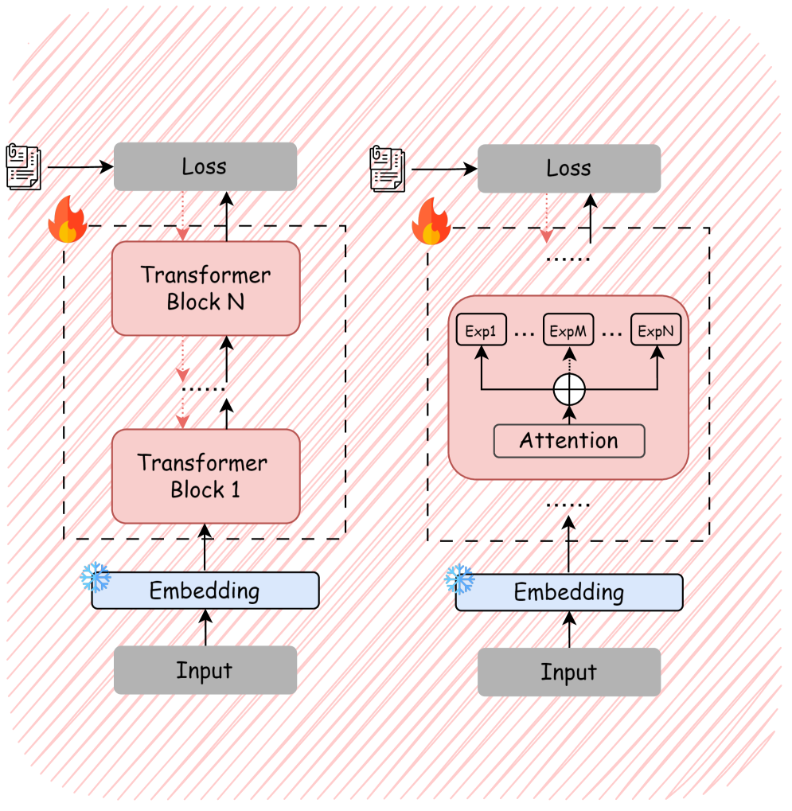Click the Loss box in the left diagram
pyautogui.click(x=205, y=166)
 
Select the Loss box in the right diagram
pyautogui.click(x=568, y=168)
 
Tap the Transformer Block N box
pyautogui.click(x=205, y=288)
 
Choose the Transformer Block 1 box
pyautogui.click(x=205, y=476)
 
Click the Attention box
pyautogui.click(x=568, y=441)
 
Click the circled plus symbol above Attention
pyautogui.click(x=569, y=389)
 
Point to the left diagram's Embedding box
pyautogui.click(x=205, y=591)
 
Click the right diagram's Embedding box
pyautogui.click(x=568, y=592)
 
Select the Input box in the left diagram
pyautogui.click(x=205, y=670)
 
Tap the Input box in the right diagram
pyautogui.click(x=568, y=673)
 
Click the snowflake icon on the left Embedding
pyautogui.click(x=95, y=577)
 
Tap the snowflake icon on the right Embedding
pyautogui.click(x=458, y=579)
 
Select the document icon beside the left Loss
pyautogui.click(x=23, y=167)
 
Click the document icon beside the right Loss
pyautogui.click(x=387, y=169)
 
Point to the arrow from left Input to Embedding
pyautogui.click(x=205, y=628)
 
